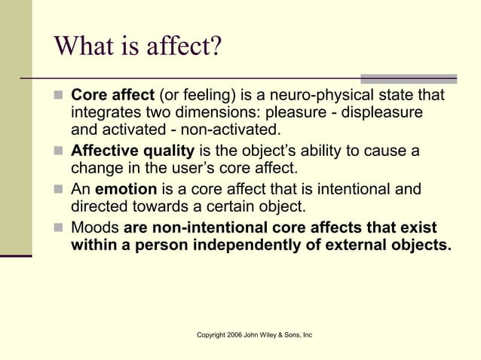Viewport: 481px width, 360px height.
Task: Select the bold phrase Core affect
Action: pyautogui.click(x=111, y=96)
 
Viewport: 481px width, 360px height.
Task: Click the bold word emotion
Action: pyautogui.click(x=125, y=189)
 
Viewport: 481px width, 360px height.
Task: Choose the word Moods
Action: pyautogui.click(x=95, y=227)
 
